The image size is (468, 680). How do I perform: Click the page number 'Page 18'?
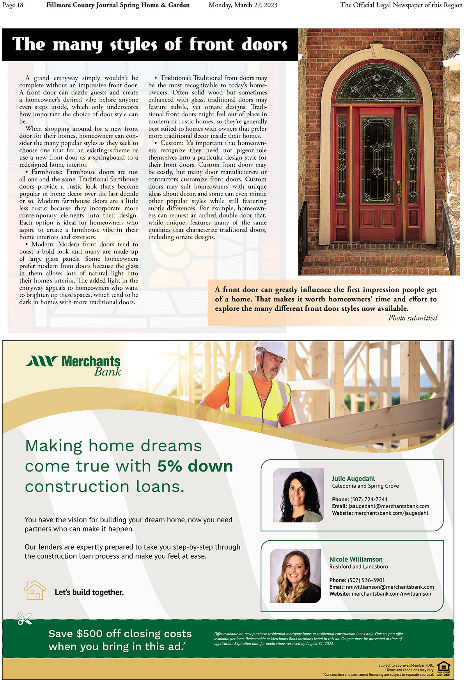pyautogui.click(x=13, y=5)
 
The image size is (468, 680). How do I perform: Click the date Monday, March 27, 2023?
pyautogui.click(x=243, y=5)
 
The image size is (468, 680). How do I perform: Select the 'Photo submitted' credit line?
pyautogui.click(x=412, y=318)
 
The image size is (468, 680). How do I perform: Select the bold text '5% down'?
pyautogui.click(x=195, y=466)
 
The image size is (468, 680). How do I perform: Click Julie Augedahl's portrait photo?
pyautogui.click(x=298, y=495)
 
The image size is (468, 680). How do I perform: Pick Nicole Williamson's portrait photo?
pyautogui.click(x=295, y=576)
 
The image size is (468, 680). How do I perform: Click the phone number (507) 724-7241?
pyautogui.click(x=369, y=499)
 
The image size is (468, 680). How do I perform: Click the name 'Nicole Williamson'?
pyautogui.click(x=356, y=559)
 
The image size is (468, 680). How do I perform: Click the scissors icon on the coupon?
pyautogui.click(x=25, y=618)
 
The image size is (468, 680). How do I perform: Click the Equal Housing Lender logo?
pyautogui.click(x=443, y=668)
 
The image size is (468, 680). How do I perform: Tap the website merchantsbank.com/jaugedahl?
pyautogui.click(x=391, y=513)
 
